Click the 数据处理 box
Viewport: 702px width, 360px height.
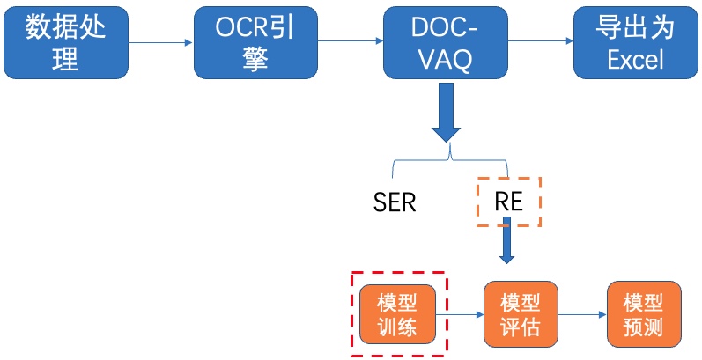click(x=66, y=43)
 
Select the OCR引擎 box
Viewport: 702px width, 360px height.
click(x=255, y=43)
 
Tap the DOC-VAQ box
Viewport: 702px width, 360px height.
click(x=446, y=43)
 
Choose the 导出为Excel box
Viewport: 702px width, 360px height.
click(x=636, y=43)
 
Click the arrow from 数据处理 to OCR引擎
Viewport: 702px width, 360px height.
click(x=160, y=43)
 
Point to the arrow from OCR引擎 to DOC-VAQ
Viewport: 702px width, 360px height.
click(x=351, y=41)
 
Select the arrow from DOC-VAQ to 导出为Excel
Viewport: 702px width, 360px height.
click(x=541, y=41)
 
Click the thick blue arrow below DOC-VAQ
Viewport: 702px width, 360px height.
click(x=446, y=113)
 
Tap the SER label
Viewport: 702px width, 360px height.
click(x=395, y=203)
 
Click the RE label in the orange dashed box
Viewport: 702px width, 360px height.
click(x=509, y=202)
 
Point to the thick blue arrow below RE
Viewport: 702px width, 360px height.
click(x=506, y=240)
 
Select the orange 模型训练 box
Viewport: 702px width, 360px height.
click(x=397, y=314)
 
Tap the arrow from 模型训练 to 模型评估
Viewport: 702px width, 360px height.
click(x=460, y=314)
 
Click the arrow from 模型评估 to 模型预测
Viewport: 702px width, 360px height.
click(x=582, y=314)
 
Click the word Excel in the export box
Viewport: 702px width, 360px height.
click(x=636, y=60)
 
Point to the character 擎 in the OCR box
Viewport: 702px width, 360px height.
click(x=255, y=60)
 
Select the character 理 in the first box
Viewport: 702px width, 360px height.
click(x=66, y=60)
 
